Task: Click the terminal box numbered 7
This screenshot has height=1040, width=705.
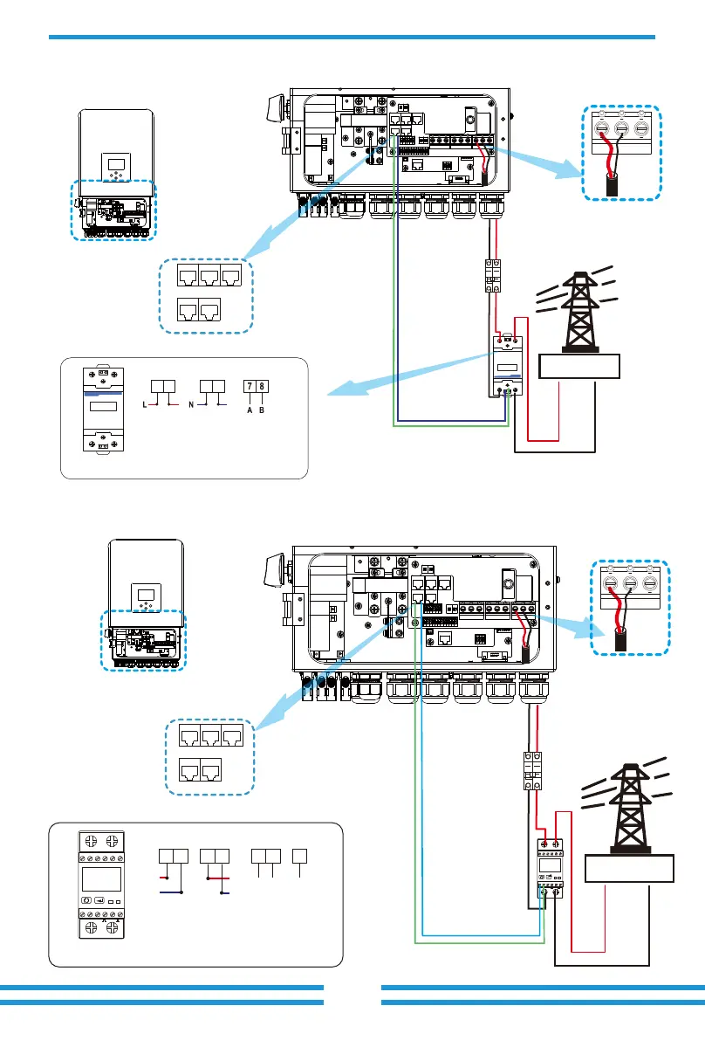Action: click(x=250, y=387)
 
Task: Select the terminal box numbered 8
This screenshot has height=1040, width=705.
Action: click(x=263, y=387)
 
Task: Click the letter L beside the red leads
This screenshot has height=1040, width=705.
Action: click(x=142, y=405)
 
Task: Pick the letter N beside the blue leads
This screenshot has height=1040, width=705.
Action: click(x=191, y=405)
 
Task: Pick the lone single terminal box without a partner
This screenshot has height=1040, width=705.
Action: click(x=298, y=856)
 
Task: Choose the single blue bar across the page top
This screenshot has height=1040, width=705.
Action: click(x=352, y=37)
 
